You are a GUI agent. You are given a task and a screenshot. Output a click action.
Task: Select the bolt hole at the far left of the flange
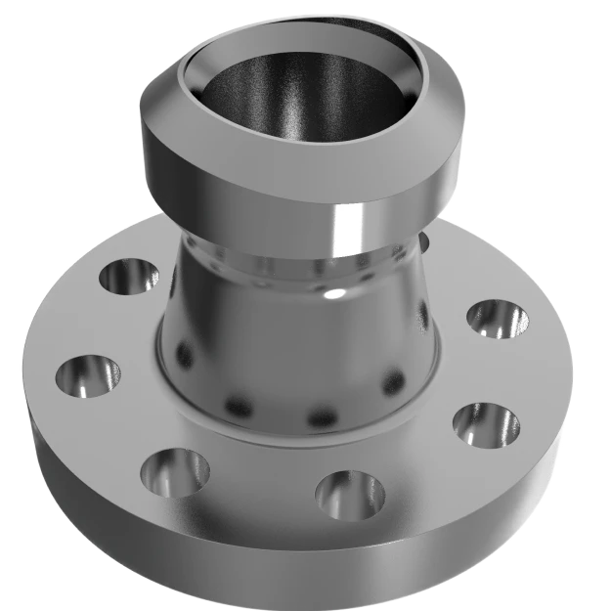click(x=87, y=377)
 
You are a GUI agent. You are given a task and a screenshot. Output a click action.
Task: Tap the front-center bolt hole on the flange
click(x=349, y=493)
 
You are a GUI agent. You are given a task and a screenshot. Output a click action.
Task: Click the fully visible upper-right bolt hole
click(x=496, y=320)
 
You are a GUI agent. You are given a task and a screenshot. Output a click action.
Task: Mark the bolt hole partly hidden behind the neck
click(x=420, y=242)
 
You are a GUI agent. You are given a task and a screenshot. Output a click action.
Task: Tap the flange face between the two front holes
click(x=259, y=499)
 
